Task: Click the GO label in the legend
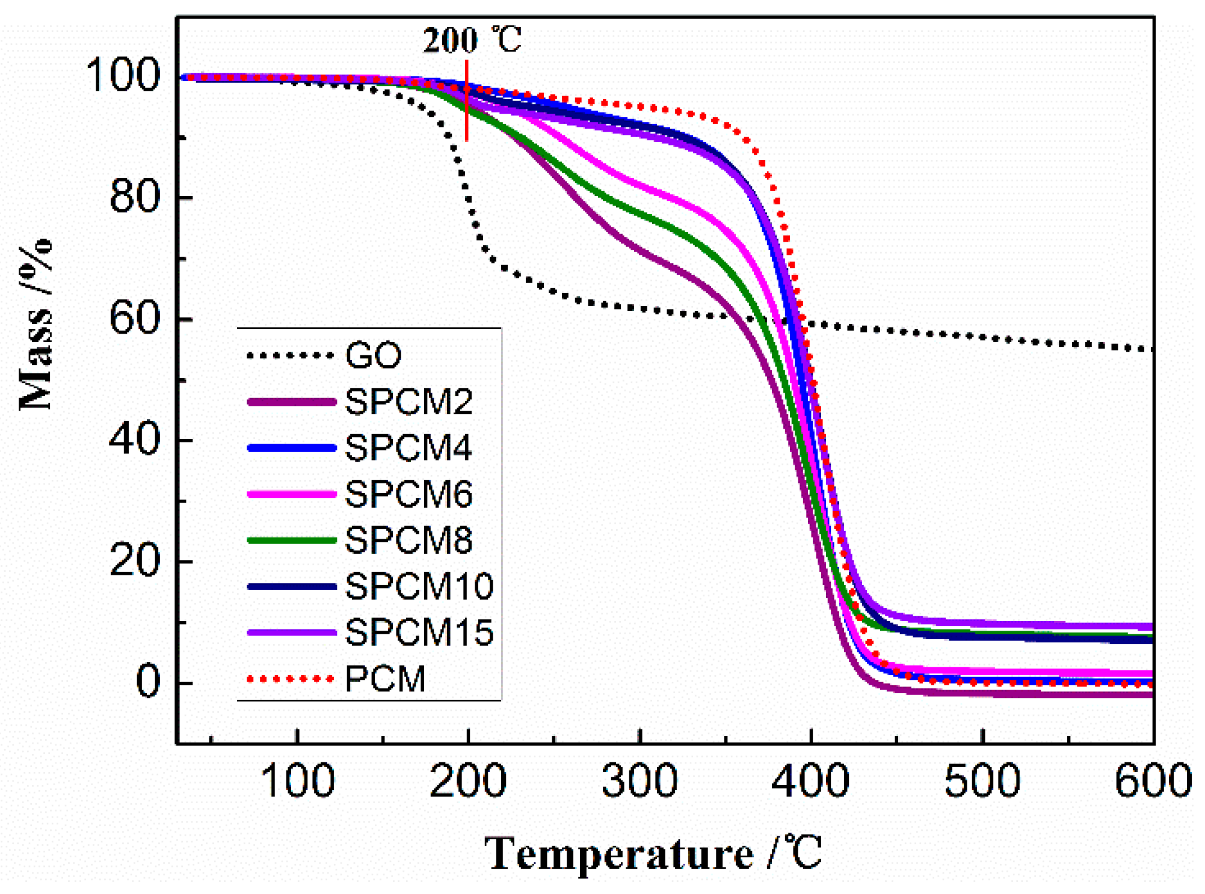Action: pos(373,355)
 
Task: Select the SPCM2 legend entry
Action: pos(408,402)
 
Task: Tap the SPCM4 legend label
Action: pos(408,448)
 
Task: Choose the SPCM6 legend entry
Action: pos(408,494)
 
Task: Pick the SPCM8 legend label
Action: pos(408,540)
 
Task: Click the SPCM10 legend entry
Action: pos(419,586)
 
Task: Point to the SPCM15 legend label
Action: pos(419,632)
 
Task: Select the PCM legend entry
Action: pos(386,679)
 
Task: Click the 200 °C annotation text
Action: pos(472,40)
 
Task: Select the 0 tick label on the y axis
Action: pos(148,682)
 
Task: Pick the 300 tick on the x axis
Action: pos(639,781)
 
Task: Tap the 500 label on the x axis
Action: pos(982,781)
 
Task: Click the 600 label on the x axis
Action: pos(1153,781)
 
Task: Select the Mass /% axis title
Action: pos(35,325)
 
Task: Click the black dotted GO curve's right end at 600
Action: pos(1150,349)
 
